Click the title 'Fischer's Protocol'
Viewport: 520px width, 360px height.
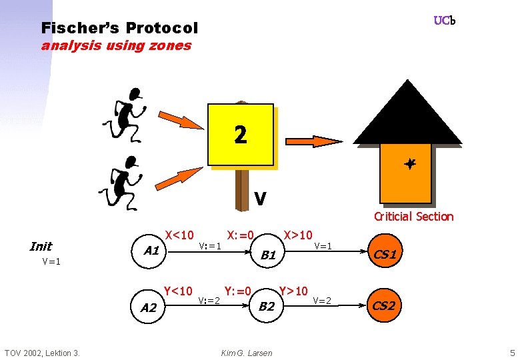[x=119, y=28]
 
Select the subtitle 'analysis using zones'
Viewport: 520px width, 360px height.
[x=116, y=46]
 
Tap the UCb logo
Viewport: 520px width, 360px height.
[x=444, y=21]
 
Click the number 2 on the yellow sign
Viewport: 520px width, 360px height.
[x=241, y=135]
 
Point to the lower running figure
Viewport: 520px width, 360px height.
[x=124, y=179]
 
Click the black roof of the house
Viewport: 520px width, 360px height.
[x=407, y=117]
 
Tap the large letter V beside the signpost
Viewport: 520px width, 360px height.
[x=261, y=199]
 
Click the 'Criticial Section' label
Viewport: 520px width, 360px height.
[x=413, y=216]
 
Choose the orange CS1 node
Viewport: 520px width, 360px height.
[x=385, y=254]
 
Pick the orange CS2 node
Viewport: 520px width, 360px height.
[x=383, y=306]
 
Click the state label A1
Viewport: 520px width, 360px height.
[x=151, y=251]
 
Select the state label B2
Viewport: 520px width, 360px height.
[x=267, y=307]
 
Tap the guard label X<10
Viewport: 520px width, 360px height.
[x=179, y=235]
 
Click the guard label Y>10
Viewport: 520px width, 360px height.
[x=293, y=291]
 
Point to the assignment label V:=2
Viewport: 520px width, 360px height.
[x=209, y=300]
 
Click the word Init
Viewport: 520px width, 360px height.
[x=41, y=246]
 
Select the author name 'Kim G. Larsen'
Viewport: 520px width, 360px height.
[x=247, y=353]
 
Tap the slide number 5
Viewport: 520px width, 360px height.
[x=512, y=352]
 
